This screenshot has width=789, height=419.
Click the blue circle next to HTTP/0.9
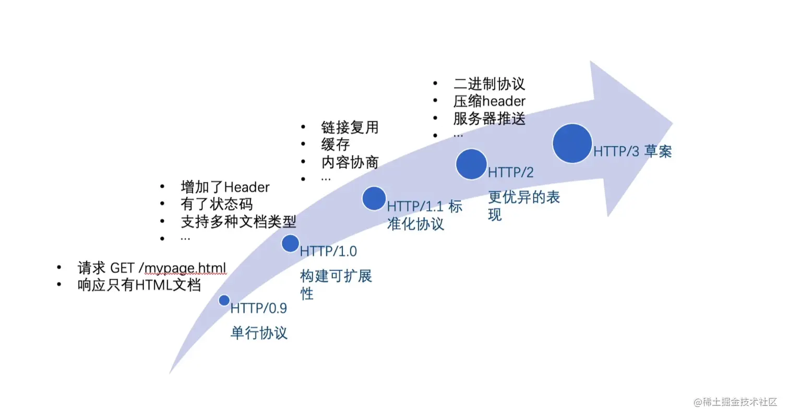[224, 300]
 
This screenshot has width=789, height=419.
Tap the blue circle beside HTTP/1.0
[290, 243]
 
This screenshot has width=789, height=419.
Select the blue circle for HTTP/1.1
[374, 198]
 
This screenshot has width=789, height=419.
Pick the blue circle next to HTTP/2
[471, 164]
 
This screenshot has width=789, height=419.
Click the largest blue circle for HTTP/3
[572, 143]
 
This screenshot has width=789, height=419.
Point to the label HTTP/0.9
[259, 308]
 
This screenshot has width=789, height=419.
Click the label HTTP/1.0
[328, 251]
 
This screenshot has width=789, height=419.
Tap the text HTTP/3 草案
[632, 151]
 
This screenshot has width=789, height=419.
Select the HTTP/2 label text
[511, 172]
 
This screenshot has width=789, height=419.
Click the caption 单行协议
[259, 333]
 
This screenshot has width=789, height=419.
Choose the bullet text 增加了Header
[225, 187]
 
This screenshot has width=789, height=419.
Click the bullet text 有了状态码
[216, 204]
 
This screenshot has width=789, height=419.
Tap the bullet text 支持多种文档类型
[238, 222]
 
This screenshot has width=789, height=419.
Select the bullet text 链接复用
[350, 127]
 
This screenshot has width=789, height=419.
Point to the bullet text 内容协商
[350, 162]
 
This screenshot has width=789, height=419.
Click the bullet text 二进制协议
[488, 83]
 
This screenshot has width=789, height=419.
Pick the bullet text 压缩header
[489, 101]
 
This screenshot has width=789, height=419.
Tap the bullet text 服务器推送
[489, 118]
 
